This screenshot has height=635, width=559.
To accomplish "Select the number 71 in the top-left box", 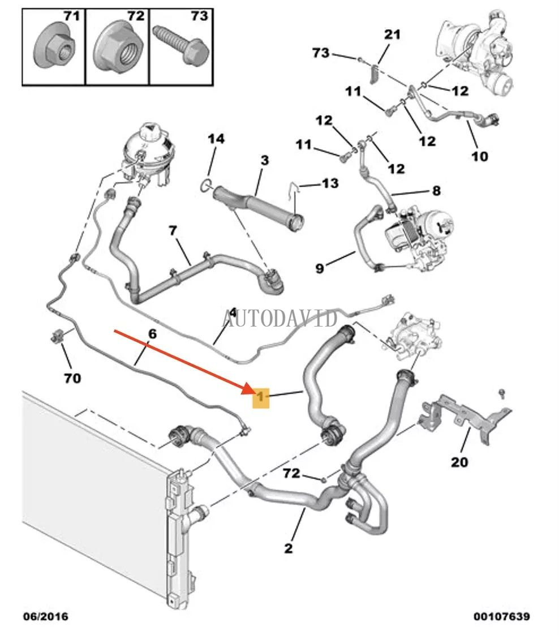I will pos(70,16).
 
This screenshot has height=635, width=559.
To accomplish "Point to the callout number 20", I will pos(459,462).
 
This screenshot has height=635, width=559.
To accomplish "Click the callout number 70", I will pos(72,377).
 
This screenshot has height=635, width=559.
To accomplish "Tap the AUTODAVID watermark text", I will pos(280,318).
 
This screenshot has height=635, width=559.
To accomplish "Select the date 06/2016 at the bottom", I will pos(45,616).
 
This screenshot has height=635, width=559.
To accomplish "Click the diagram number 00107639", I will pos(501,616).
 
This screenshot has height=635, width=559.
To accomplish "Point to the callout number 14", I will pos(216,139).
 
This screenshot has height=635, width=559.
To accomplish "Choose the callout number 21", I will pos(392,35).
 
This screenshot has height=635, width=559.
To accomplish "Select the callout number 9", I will pos(319,268).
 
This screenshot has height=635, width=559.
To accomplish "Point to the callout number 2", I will pos(289,548).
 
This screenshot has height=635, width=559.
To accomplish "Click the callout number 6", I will pos(152,334).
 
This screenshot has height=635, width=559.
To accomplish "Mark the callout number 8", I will pos(436,191).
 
